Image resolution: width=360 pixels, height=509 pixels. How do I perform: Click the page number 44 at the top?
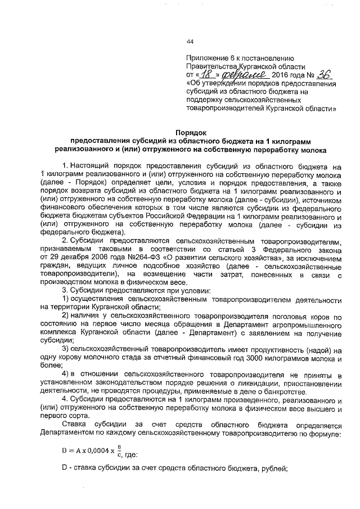click(190, 41)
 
